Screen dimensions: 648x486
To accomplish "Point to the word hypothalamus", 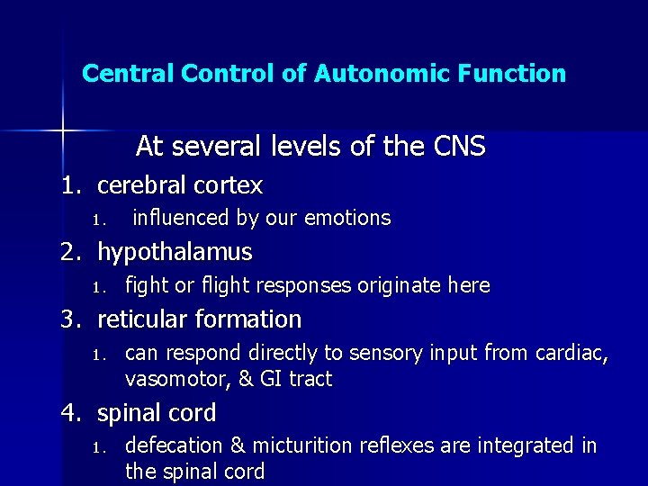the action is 175,252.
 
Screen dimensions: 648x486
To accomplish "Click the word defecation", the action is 171,445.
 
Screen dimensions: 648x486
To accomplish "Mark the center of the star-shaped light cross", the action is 63,130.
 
